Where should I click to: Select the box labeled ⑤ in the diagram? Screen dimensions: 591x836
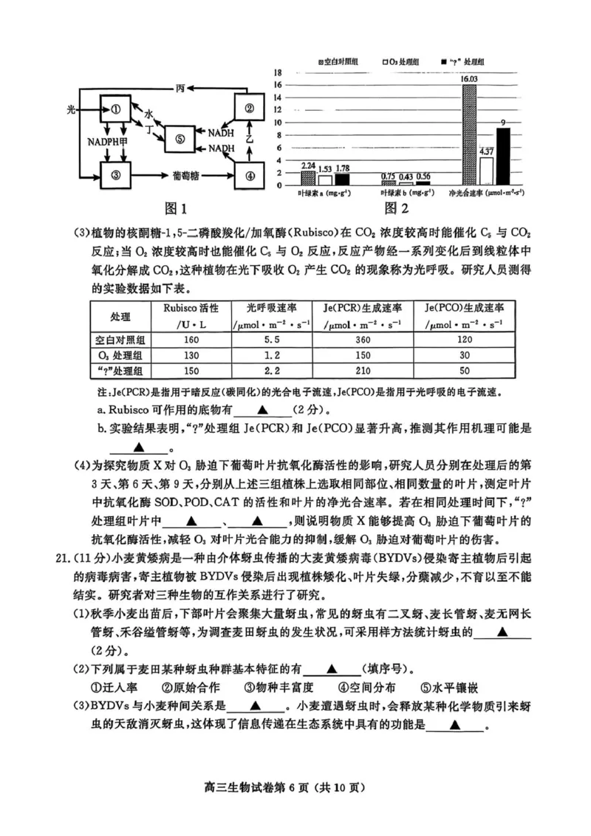[180, 138]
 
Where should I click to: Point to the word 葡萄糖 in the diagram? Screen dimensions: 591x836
[185, 176]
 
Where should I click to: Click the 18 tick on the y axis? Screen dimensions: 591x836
[278, 72]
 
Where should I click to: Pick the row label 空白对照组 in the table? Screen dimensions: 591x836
[120, 339]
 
